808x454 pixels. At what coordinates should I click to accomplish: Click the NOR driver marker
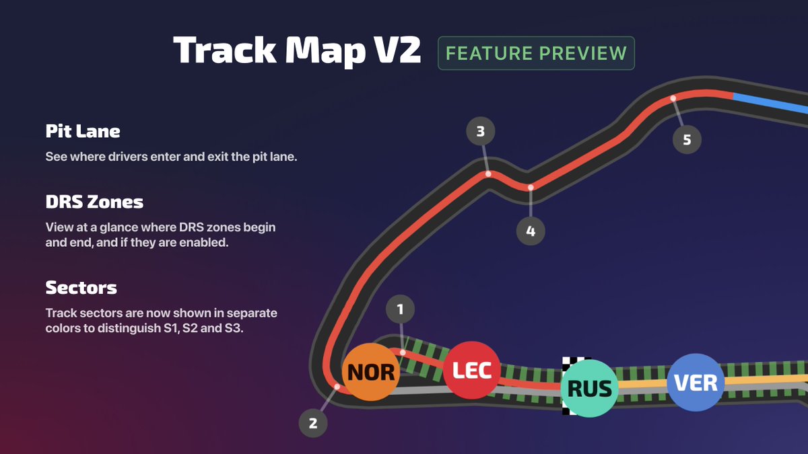tap(371, 372)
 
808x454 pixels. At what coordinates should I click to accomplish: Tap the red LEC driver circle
tap(471, 370)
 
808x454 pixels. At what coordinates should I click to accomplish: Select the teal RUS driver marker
tap(589, 388)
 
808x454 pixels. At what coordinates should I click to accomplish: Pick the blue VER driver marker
tap(696, 382)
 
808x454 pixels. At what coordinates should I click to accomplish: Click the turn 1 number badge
tap(400, 309)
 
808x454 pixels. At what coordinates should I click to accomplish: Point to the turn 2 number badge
tap(312, 424)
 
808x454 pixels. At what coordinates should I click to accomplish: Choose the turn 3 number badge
tap(480, 132)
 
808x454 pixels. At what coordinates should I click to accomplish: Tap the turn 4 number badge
tap(531, 231)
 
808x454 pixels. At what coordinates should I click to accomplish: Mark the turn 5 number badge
tap(687, 140)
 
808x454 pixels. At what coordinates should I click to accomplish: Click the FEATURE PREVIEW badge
tap(536, 53)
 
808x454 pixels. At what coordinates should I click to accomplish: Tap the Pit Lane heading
tap(83, 130)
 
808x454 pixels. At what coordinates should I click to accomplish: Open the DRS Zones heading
tap(94, 201)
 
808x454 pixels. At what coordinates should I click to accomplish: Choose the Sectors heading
tap(81, 288)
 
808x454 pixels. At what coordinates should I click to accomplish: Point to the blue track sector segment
tap(771, 103)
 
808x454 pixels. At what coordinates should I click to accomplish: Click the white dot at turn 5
tap(673, 99)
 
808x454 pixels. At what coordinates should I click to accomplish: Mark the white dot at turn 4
tap(531, 187)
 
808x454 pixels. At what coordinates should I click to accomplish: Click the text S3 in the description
tap(235, 330)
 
